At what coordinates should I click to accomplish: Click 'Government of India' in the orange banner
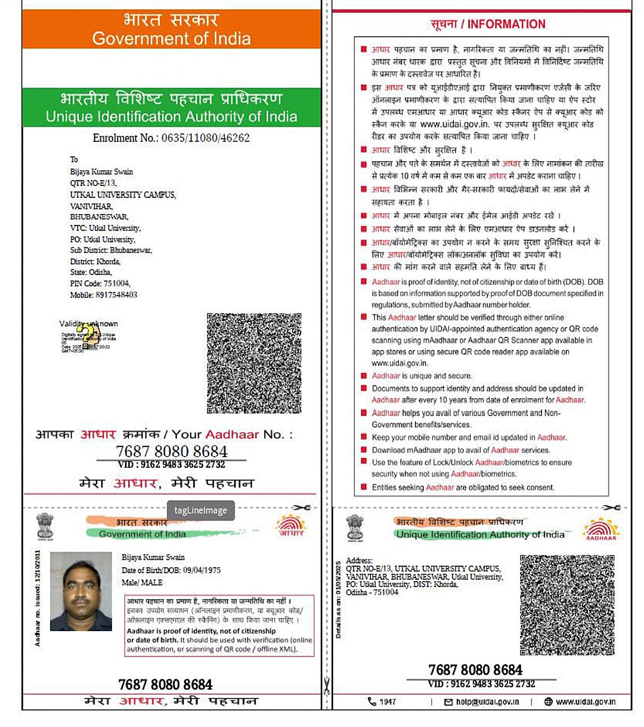[x=171, y=39]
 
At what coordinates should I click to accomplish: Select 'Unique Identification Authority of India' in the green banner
[x=171, y=117]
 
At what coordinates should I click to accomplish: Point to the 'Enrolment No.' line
[x=171, y=138]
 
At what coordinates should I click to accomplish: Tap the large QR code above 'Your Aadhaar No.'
[x=254, y=363]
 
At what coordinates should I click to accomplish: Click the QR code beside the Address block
[x=567, y=605]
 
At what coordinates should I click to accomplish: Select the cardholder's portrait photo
[x=81, y=591]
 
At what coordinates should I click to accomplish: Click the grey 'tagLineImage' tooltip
[x=200, y=510]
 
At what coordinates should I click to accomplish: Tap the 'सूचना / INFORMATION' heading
[x=488, y=24]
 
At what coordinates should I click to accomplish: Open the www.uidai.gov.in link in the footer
[x=585, y=702]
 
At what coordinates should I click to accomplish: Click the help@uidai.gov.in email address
[x=487, y=702]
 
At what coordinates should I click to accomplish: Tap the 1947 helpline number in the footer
[x=387, y=702]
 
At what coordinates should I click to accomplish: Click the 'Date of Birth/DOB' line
[x=171, y=570]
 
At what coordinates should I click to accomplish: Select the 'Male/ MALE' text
[x=142, y=583]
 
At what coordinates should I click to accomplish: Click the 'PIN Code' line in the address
[x=100, y=283]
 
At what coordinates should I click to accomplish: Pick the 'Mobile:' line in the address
[x=103, y=295]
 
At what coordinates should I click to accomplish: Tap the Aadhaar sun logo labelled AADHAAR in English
[x=601, y=529]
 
